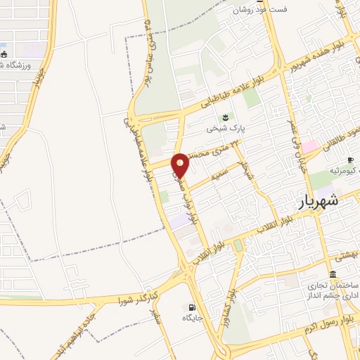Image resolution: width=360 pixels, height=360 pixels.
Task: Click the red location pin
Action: click(x=181, y=164)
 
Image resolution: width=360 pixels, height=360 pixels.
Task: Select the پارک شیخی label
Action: click(x=224, y=129)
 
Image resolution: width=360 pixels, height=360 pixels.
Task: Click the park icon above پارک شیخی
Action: click(x=225, y=117)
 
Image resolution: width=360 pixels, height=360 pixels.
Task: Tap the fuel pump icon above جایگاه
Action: click(x=192, y=307)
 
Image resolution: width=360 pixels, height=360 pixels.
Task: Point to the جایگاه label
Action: click(x=193, y=319)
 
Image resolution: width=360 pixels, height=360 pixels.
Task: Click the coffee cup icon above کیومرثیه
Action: click(x=349, y=160)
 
